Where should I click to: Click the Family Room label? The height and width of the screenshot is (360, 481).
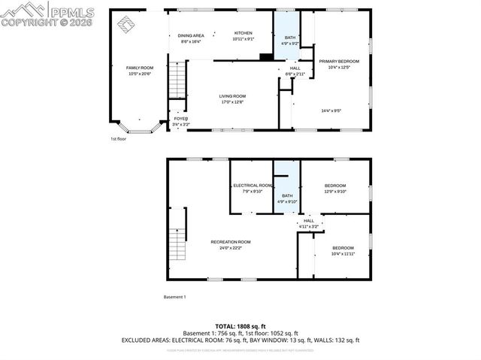139,71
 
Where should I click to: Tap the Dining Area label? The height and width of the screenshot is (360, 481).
192,38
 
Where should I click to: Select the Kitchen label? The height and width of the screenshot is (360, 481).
244,35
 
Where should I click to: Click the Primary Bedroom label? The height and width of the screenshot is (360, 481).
339,64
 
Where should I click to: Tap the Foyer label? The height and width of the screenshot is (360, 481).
181,121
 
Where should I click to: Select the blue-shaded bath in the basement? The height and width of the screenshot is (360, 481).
287,188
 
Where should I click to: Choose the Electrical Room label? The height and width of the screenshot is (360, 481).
252,188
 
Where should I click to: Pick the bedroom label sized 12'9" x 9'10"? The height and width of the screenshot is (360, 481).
335,188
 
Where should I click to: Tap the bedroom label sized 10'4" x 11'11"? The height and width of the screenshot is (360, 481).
343,250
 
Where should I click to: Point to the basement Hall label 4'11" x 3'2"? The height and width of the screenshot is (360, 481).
309,223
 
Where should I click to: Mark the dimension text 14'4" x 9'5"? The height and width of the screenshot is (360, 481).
331,110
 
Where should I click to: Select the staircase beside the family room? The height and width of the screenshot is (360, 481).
177,79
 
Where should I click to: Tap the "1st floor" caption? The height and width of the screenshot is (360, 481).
118,139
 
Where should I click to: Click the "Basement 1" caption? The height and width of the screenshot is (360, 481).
174,297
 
